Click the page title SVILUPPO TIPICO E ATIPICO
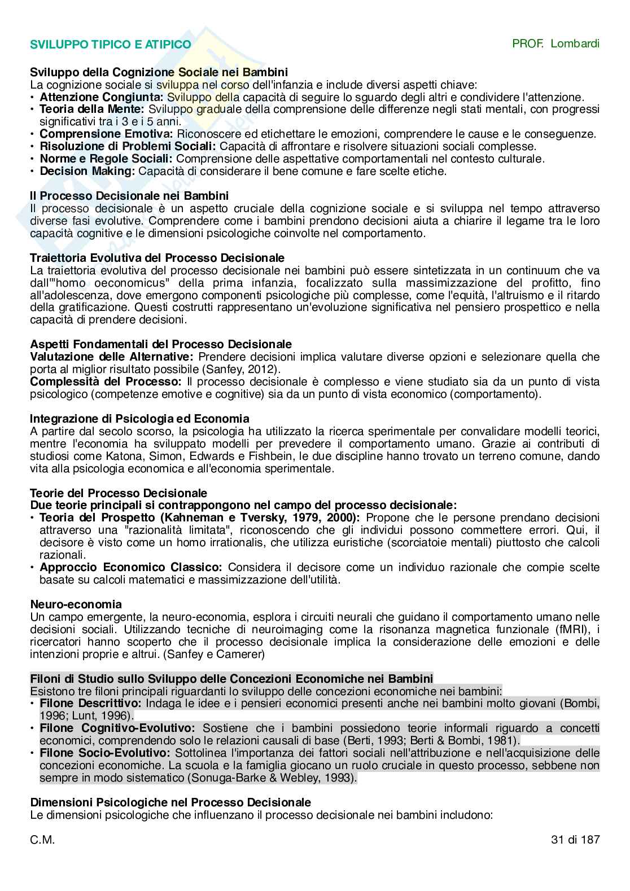click(x=110, y=45)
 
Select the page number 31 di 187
click(x=575, y=839)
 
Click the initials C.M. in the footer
click(x=42, y=839)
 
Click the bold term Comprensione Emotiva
click(x=106, y=134)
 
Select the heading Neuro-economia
click(x=76, y=604)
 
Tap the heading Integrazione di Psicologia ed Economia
click(x=139, y=419)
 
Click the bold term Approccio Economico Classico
click(x=131, y=567)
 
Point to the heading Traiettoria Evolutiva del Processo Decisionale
click(x=157, y=258)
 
